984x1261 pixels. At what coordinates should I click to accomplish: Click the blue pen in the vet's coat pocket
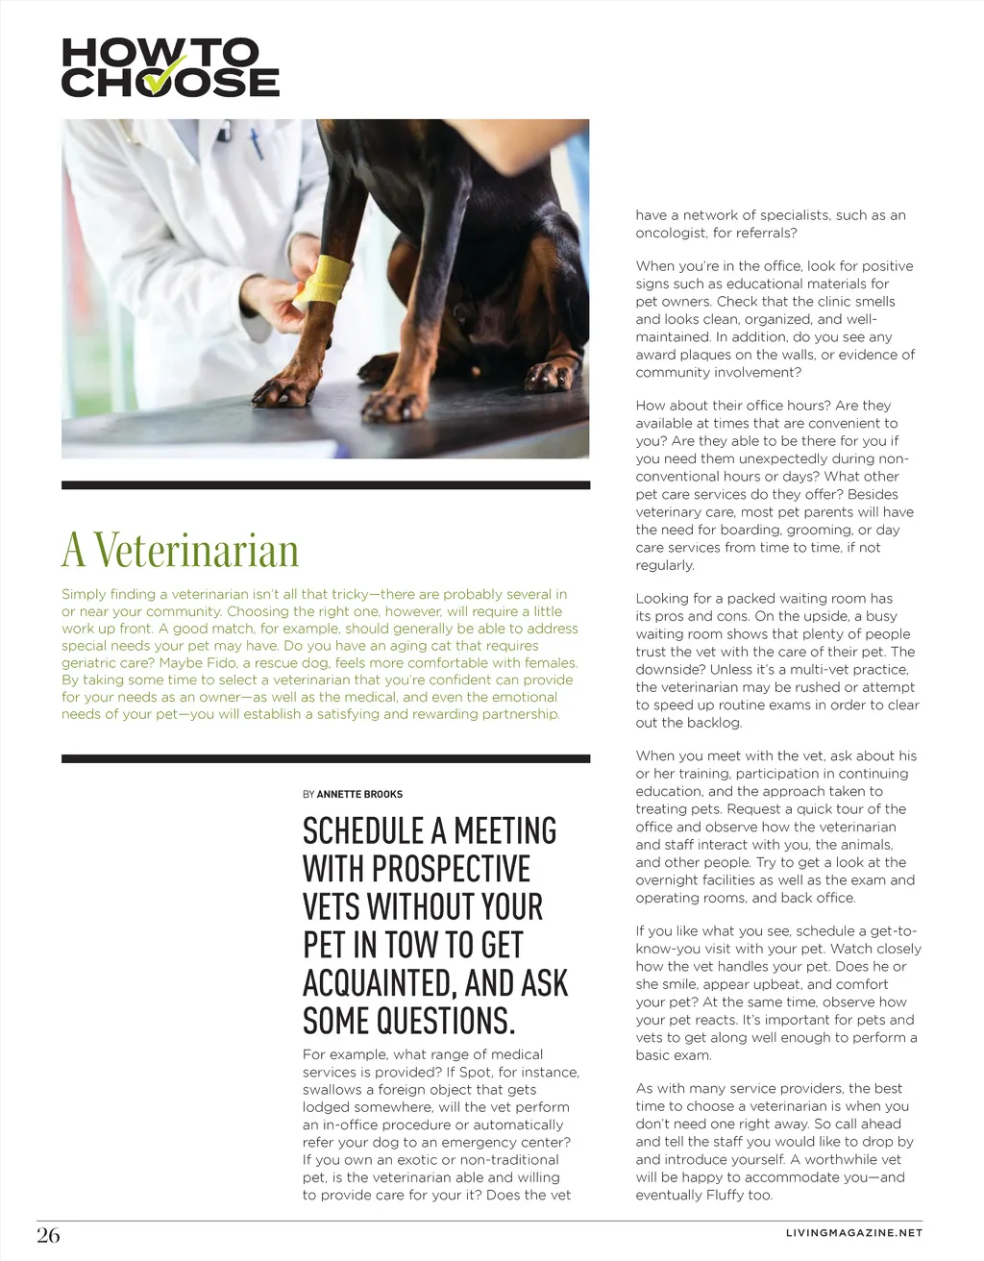pos(256,144)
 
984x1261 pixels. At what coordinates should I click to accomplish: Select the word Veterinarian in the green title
pos(197,551)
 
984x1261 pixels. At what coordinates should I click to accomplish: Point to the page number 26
pos(48,1235)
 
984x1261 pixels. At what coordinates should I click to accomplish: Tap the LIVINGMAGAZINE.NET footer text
pos(853,1232)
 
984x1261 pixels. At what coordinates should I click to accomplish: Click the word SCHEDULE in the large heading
pos(363,831)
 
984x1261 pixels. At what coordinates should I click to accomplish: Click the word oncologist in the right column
pos(671,233)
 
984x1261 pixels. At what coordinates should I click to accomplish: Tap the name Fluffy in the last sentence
pos(726,1195)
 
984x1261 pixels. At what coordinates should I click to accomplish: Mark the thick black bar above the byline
pos(326,759)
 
